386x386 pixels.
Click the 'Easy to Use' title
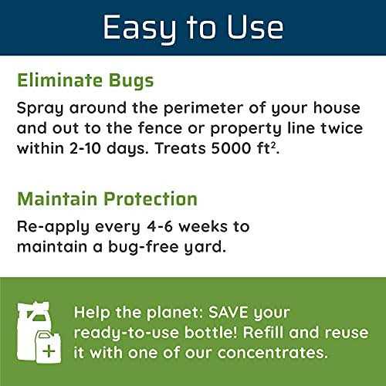coord(193,28)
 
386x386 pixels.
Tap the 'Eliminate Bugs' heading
coord(85,80)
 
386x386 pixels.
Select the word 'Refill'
coord(247,334)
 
